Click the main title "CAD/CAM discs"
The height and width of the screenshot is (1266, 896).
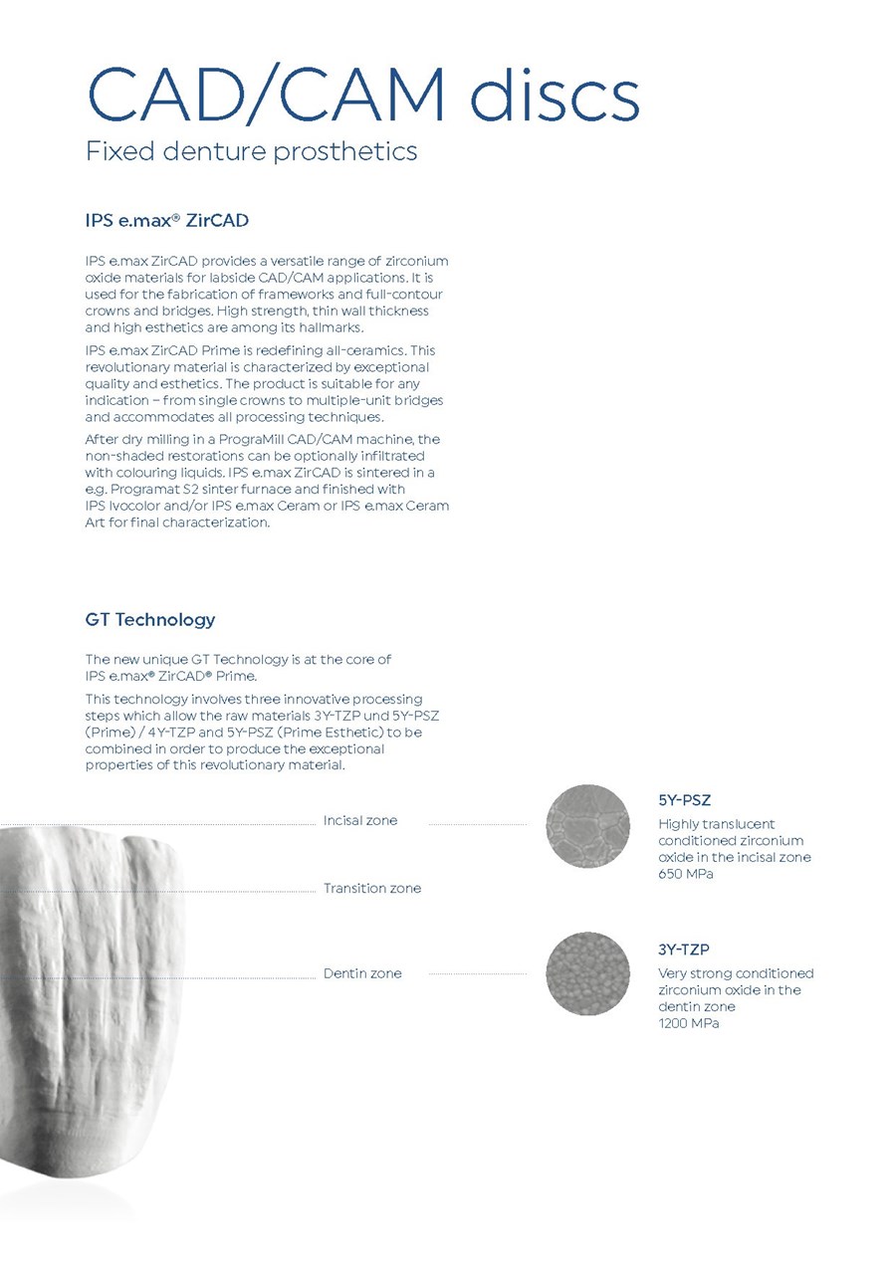pos(362,96)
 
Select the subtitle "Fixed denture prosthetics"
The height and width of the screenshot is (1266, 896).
pos(251,152)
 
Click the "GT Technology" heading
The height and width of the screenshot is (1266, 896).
pos(150,619)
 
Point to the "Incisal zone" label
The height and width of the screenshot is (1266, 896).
pos(359,820)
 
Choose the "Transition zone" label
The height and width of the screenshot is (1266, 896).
pos(371,888)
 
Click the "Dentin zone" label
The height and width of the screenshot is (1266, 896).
pos(362,973)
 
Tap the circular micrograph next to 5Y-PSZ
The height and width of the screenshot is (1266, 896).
pos(587,825)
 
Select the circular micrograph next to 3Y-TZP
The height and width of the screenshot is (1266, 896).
pos(587,973)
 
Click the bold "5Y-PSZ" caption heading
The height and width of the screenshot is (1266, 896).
pos(684,800)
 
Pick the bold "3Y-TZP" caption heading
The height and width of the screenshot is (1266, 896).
pos(683,949)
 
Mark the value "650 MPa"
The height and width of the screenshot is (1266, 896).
pos(686,874)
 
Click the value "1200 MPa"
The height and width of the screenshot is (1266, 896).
pos(688,1023)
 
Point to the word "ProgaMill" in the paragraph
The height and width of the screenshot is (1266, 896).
pos(262,439)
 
